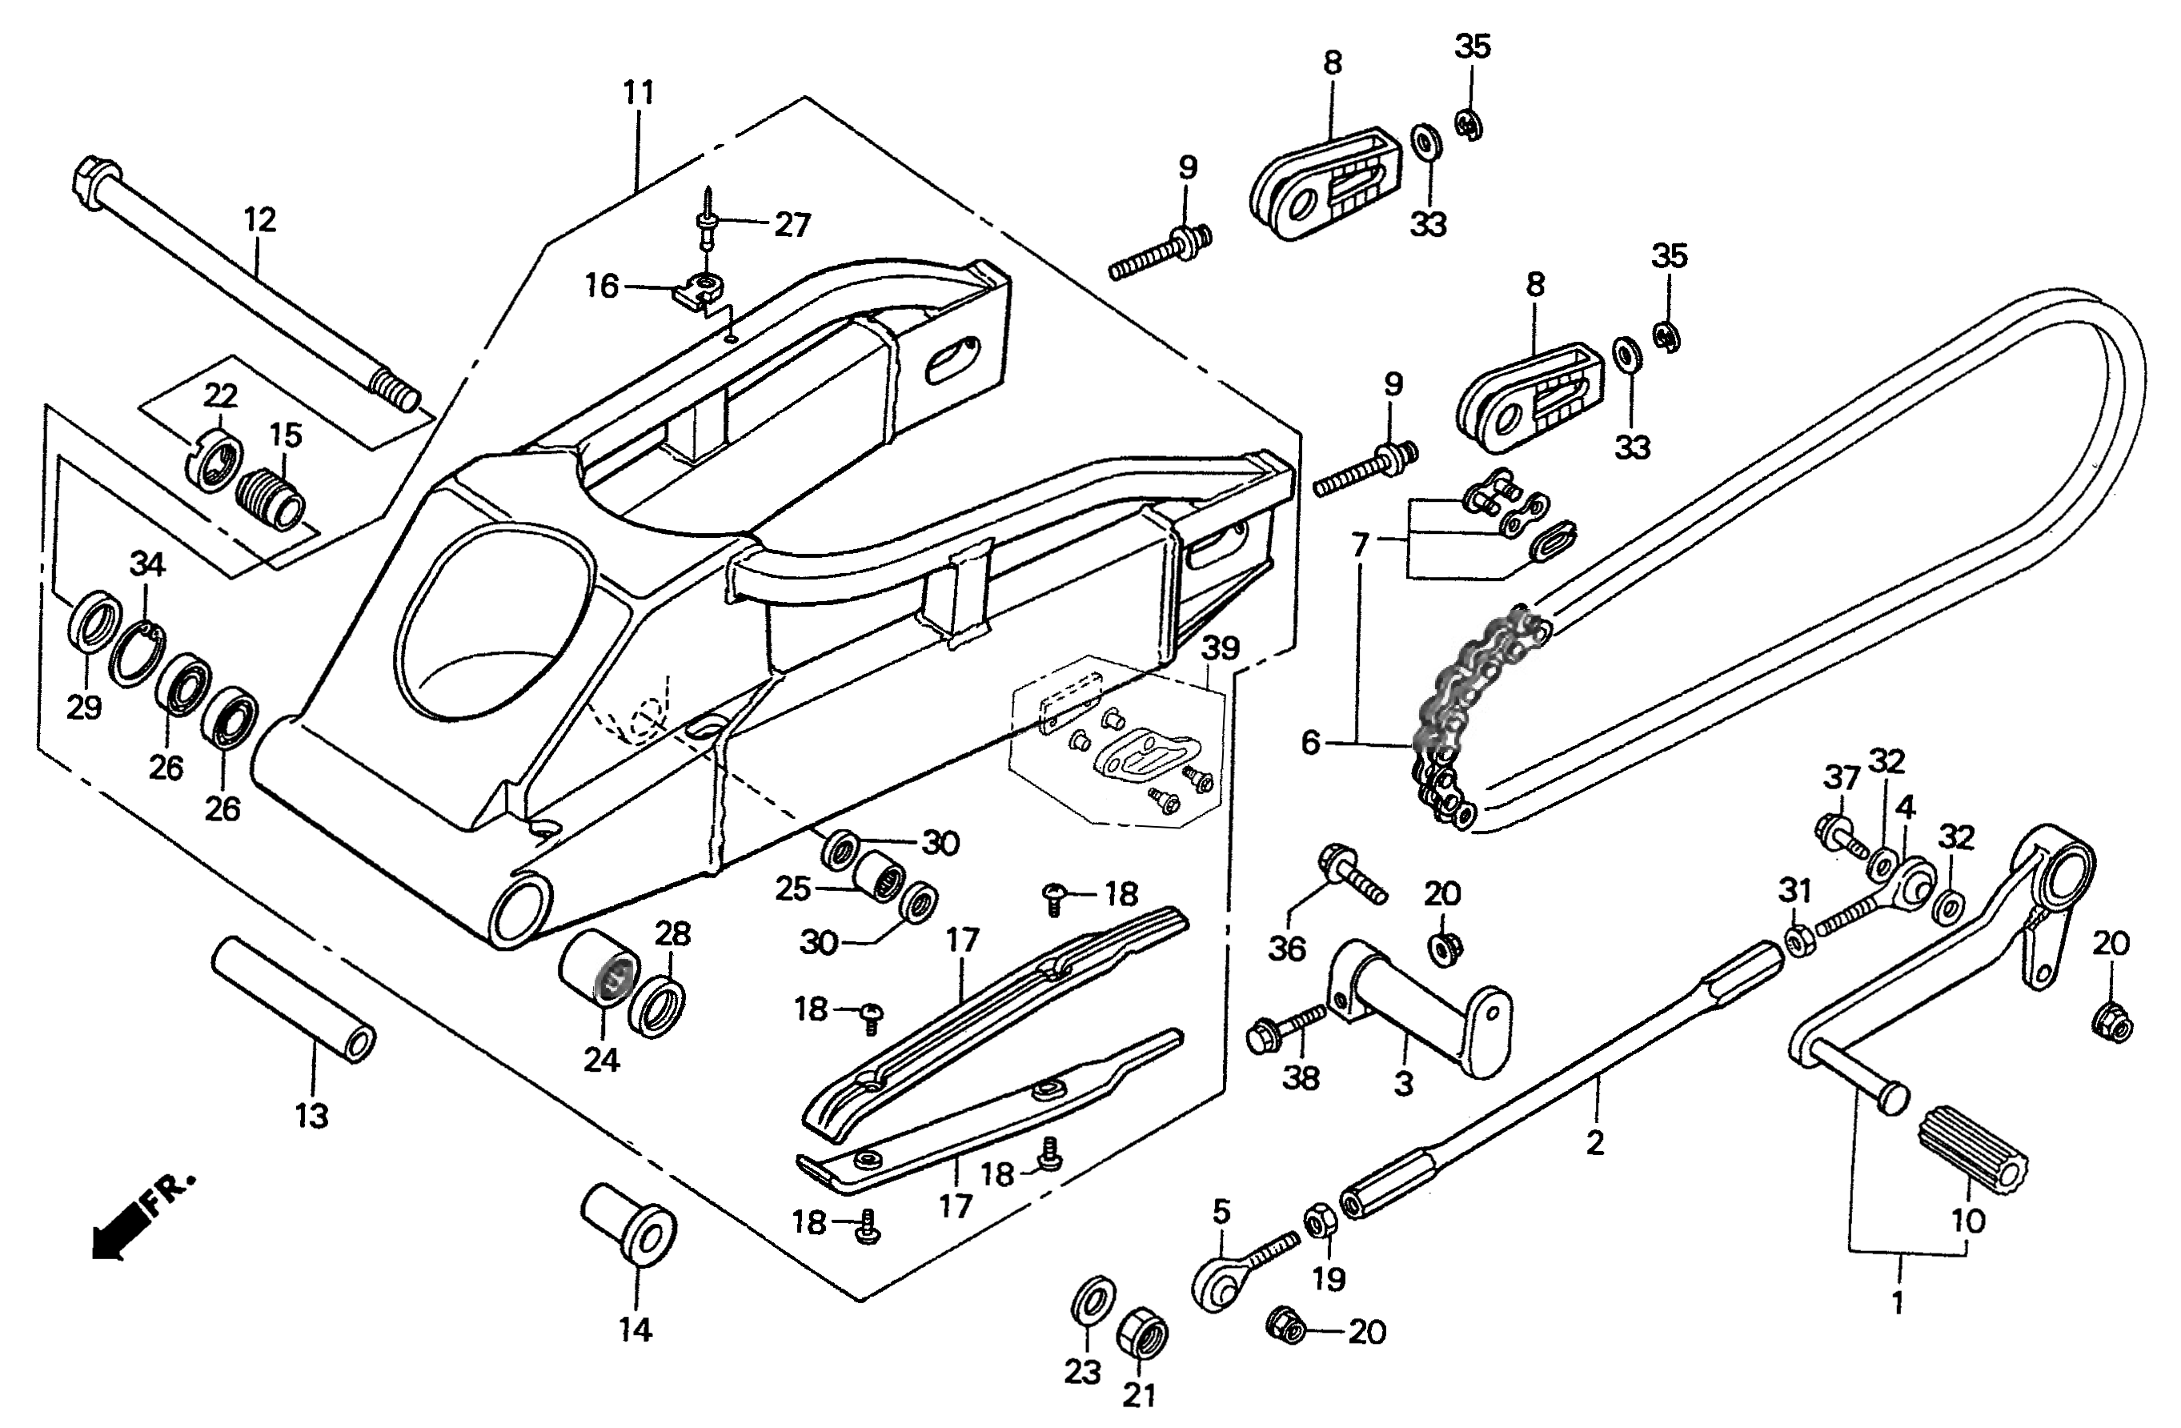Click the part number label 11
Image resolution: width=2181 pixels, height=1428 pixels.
639,94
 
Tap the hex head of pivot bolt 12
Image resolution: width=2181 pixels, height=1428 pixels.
94,175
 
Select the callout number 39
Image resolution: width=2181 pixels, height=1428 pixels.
1220,648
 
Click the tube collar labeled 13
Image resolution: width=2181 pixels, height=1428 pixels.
293,999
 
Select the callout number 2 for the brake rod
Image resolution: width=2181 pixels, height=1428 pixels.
1595,1143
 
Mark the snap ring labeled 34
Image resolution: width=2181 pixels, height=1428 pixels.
134,652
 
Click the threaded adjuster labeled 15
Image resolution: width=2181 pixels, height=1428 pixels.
274,499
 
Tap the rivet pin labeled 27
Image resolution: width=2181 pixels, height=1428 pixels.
709,227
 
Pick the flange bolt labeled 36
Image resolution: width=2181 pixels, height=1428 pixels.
1348,874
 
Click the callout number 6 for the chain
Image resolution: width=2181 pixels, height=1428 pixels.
1310,741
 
